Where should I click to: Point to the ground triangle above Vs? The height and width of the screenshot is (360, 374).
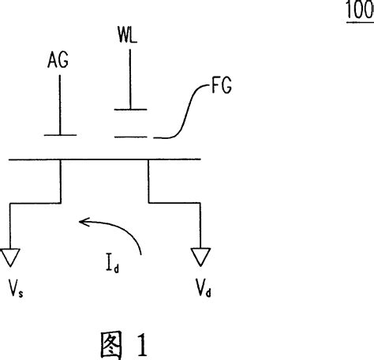pos(11,256)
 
